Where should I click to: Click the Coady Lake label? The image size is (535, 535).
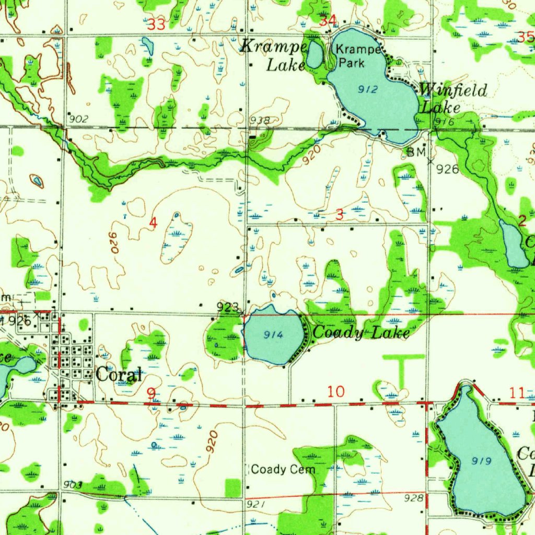[360, 332]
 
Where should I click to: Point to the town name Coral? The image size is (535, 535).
[119, 375]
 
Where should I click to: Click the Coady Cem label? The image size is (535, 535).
[283, 470]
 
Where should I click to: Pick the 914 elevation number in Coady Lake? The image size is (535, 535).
[273, 335]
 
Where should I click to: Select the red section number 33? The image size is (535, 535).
[157, 24]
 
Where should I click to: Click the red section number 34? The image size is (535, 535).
[328, 21]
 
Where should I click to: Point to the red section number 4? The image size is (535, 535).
[153, 223]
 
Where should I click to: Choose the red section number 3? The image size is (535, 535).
[340, 214]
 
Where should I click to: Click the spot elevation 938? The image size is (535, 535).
[260, 121]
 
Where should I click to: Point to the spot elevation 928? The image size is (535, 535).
[414, 498]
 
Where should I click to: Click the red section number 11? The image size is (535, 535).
[517, 393]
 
